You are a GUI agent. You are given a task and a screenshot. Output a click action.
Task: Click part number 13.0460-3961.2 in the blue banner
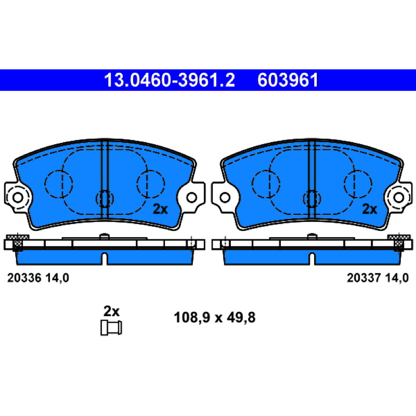[x=170, y=80]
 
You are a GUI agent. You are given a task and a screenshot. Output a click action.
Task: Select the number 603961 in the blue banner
[x=288, y=80]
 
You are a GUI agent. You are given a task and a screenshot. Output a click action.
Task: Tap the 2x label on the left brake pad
[x=160, y=209]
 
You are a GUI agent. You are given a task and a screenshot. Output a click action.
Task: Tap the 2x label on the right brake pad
[x=370, y=209]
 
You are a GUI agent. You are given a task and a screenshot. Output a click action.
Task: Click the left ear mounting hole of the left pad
[x=18, y=198]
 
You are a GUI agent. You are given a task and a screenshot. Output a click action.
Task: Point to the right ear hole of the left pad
[x=191, y=198]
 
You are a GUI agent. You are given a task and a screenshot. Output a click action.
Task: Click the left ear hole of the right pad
[x=225, y=198]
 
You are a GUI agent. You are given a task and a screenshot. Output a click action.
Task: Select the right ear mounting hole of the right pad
[x=399, y=198]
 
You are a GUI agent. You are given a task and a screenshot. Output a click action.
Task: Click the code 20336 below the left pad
[x=24, y=278]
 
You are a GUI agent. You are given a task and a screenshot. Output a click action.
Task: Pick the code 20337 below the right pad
[x=364, y=278]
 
